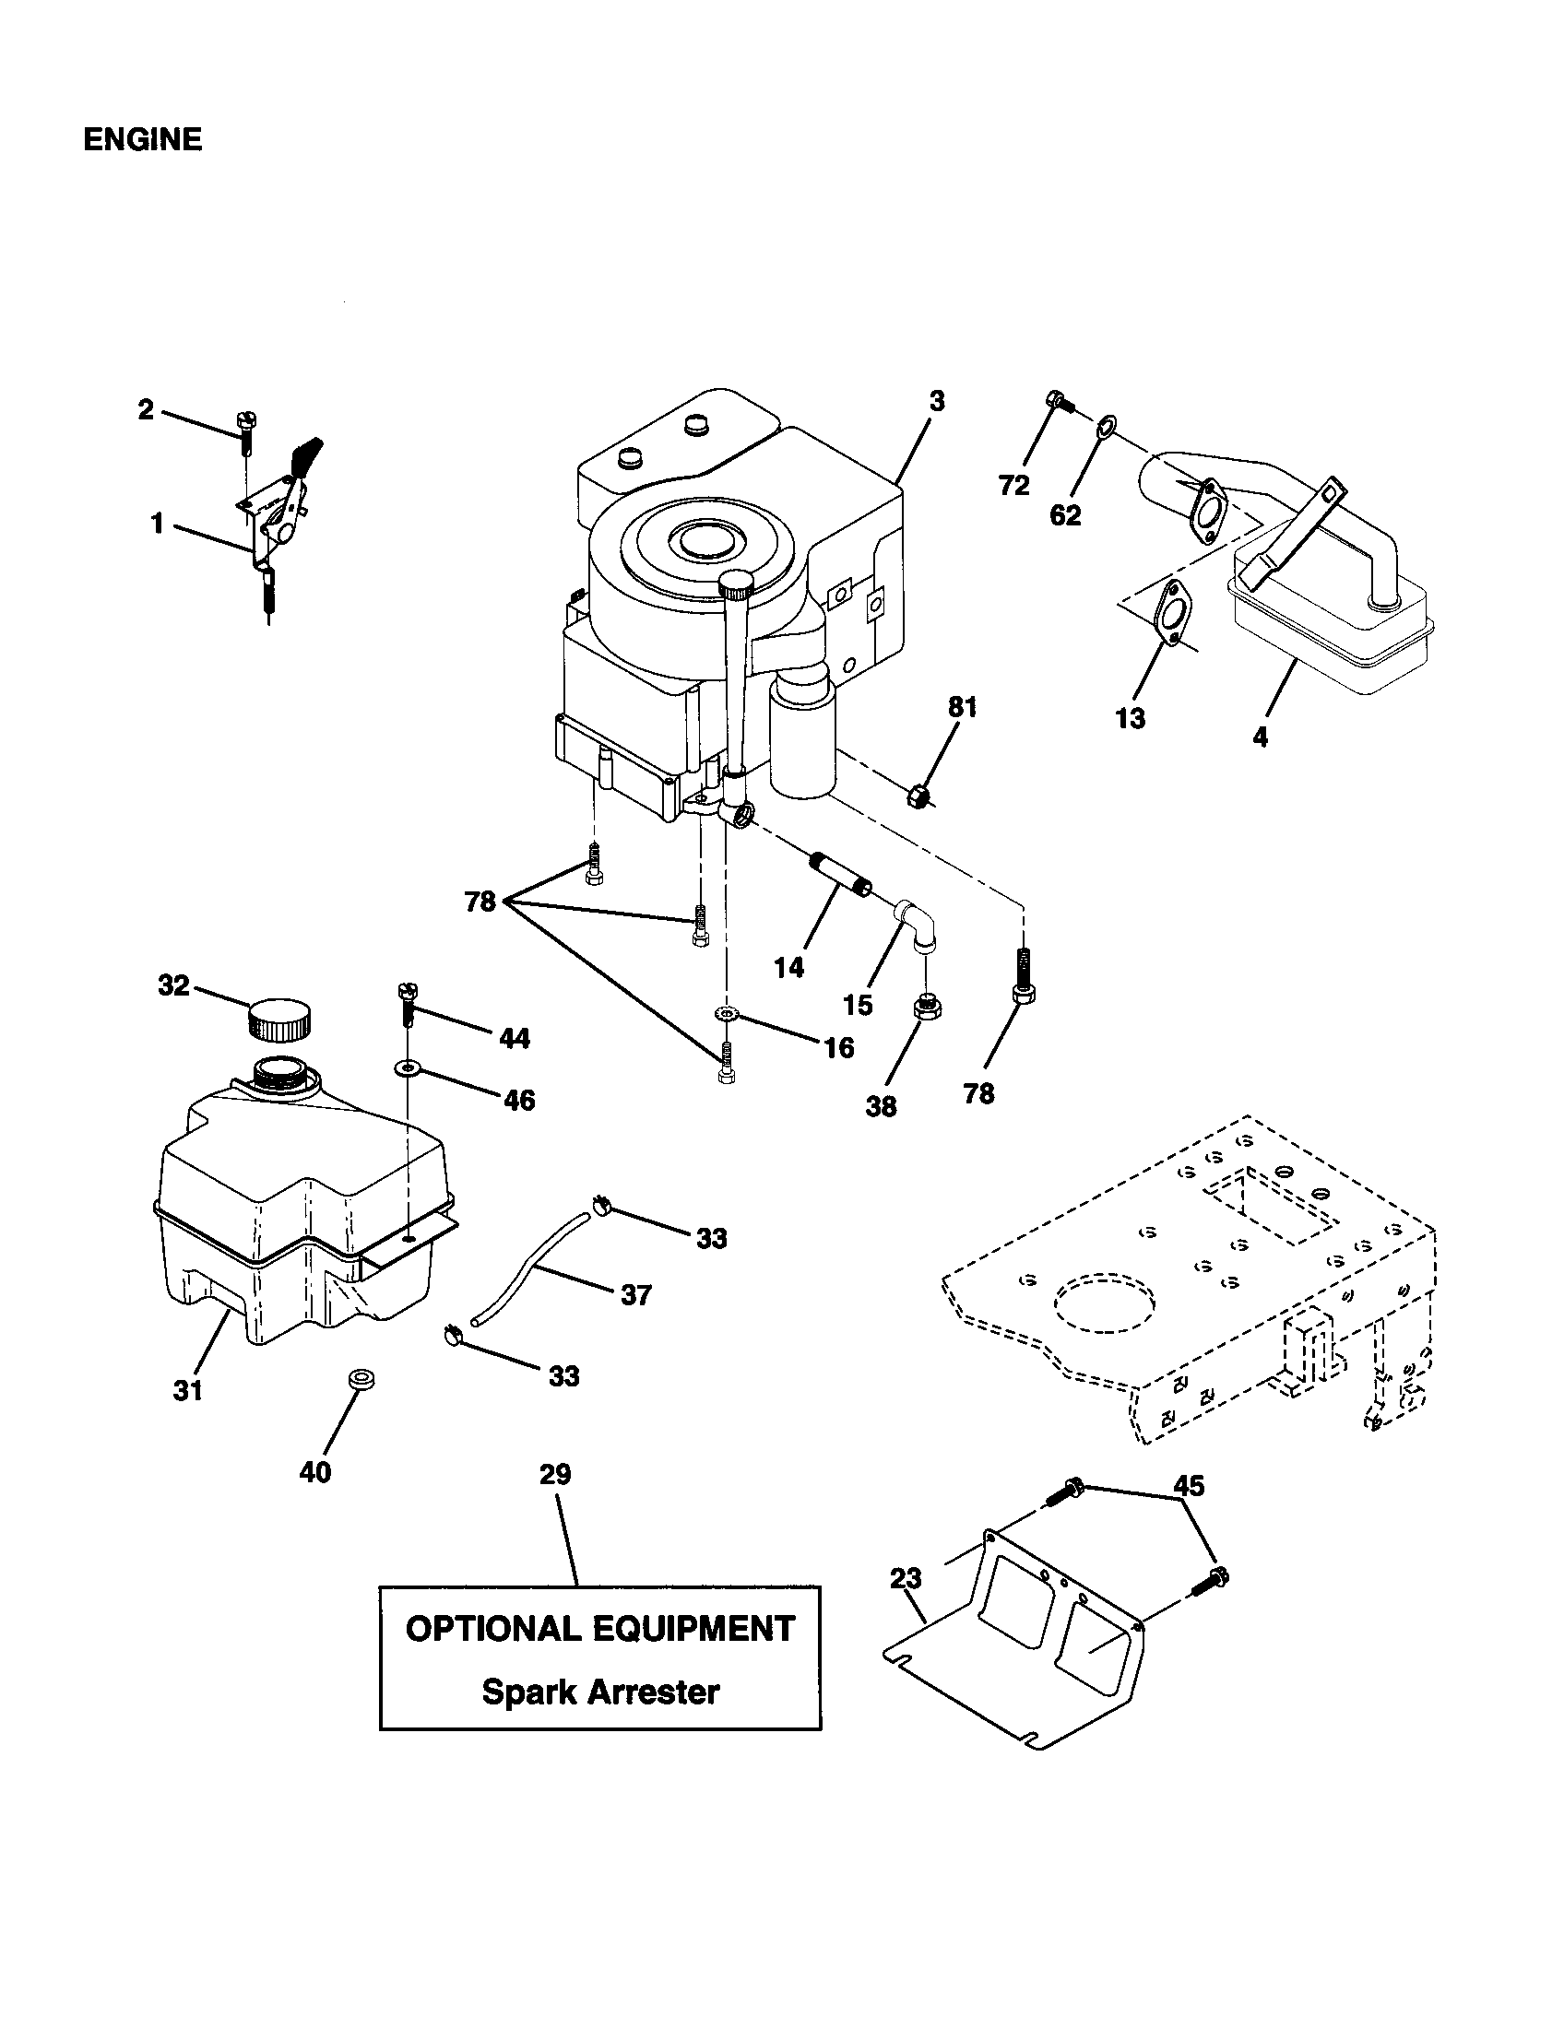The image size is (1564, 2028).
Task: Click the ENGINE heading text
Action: pyautogui.click(x=142, y=140)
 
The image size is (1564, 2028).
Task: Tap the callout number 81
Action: pyautogui.click(x=962, y=708)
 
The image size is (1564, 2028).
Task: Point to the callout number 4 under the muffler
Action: pyautogui.click(x=1260, y=738)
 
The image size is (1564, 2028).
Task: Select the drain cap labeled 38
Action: pyautogui.click(x=925, y=1005)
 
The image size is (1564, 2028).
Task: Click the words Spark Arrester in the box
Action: pyautogui.click(x=600, y=1692)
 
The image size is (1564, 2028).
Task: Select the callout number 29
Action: pyautogui.click(x=555, y=1475)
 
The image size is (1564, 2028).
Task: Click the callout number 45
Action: pyautogui.click(x=1189, y=1487)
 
